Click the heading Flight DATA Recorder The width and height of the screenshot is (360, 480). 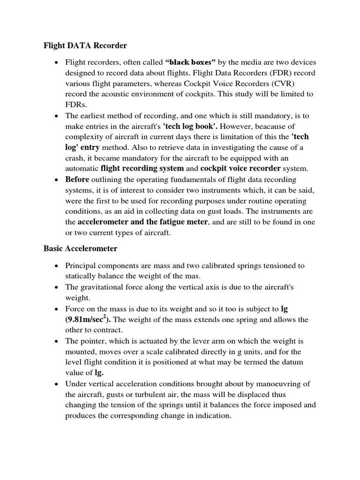click(85, 46)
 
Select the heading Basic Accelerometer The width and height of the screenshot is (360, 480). click(80, 248)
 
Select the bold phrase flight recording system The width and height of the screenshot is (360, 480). click(142, 168)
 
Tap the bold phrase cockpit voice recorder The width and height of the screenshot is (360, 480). click(240, 168)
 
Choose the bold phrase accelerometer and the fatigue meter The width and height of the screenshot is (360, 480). click(142, 222)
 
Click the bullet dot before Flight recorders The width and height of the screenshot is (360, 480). click(56, 62)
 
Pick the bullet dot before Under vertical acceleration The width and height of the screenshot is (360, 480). click(56, 384)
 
